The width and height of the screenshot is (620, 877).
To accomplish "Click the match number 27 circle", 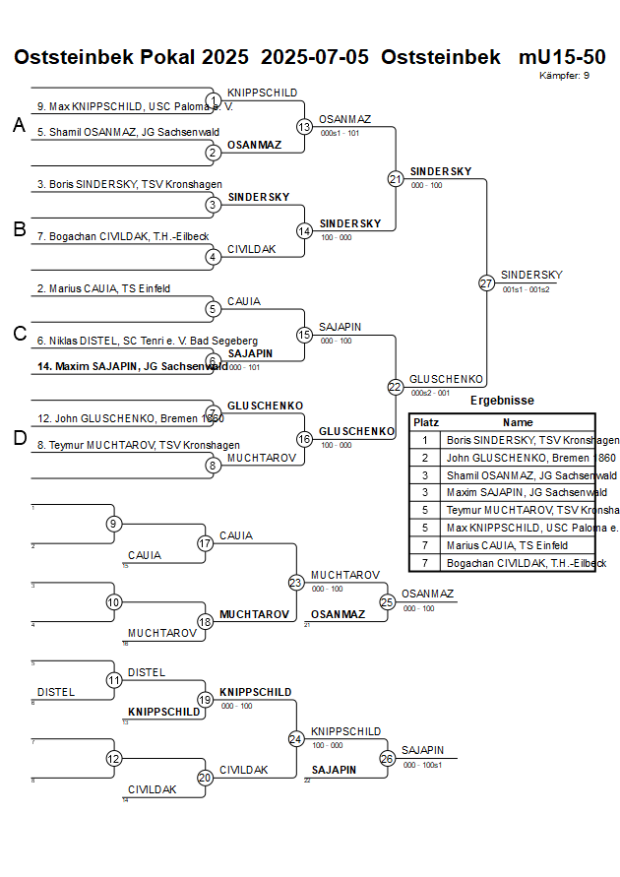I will point(486,283).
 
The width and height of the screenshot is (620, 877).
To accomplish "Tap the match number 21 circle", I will point(396,179).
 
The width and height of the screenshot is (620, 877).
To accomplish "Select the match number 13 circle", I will point(304,127).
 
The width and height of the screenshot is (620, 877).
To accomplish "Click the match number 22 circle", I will point(396,387).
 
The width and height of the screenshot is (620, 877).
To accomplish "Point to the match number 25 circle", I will point(388,601).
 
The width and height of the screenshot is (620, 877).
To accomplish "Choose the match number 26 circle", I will point(388,758).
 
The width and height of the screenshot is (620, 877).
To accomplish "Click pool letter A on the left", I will point(19,125).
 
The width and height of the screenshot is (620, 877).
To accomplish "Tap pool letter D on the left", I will point(19,438).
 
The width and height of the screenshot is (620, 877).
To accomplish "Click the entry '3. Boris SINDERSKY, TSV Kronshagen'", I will point(130,184).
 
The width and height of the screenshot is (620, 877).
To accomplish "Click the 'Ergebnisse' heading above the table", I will point(502,401).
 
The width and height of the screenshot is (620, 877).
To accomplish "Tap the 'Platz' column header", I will point(425,421).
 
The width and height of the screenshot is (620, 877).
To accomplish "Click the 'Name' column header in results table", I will point(518,421).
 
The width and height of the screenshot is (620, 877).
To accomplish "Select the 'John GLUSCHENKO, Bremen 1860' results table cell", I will point(518,458).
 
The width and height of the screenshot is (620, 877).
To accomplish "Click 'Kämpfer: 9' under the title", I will point(565,75).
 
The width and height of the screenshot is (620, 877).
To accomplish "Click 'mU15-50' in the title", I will point(562,57).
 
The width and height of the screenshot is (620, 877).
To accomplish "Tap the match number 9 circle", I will point(114,524).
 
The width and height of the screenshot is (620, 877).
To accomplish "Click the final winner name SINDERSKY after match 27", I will point(531,275).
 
